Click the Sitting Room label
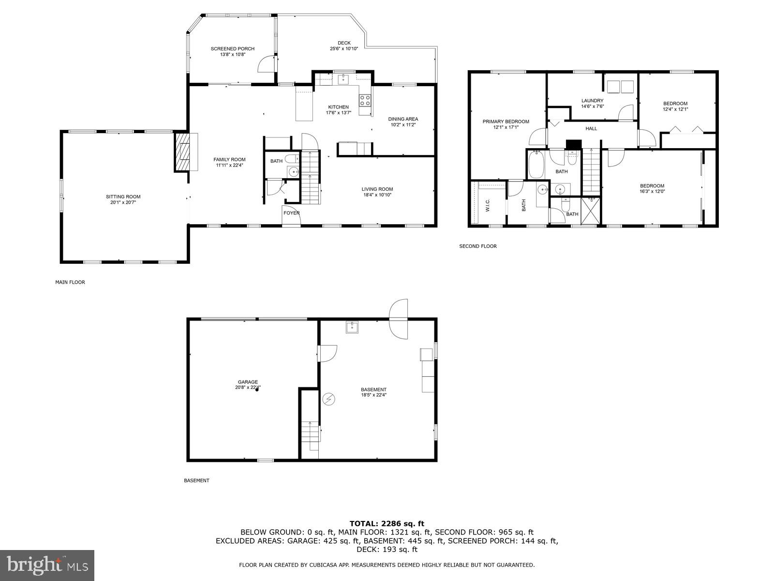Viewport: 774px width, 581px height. tap(123, 197)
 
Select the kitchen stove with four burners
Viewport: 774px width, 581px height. tap(365, 100)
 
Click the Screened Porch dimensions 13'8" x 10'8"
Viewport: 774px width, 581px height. tap(233, 55)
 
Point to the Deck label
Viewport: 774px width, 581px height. tap(344, 43)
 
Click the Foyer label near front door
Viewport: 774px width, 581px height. tap(292, 213)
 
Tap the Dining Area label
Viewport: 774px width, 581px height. tap(403, 119)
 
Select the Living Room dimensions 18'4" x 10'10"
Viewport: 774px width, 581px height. tap(377, 195)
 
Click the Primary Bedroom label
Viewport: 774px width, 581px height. tap(506, 122)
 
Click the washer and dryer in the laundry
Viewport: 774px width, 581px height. tap(621, 86)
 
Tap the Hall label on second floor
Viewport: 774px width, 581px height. tap(591, 129)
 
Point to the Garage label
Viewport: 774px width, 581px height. tap(248, 382)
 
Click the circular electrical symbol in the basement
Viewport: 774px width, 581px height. tap(328, 398)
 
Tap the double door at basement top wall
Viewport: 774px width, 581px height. tap(399, 319)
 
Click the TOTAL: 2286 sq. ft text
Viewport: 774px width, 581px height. tap(387, 523)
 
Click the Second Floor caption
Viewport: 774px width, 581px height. tap(477, 246)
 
